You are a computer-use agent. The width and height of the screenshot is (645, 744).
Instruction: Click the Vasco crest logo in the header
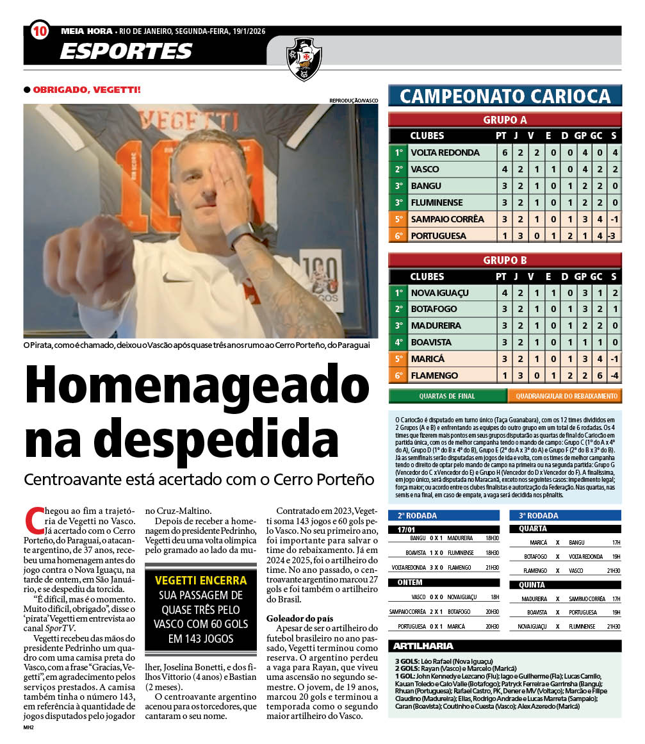304,58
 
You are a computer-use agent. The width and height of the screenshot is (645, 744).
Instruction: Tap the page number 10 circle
40,30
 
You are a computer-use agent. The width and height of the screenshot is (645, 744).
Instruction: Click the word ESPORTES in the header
126,51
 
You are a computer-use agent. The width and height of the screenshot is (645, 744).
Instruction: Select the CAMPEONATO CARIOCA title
505,96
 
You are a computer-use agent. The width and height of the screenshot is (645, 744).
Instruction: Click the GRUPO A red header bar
505,120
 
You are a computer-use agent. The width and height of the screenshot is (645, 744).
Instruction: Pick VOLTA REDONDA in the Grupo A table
445,153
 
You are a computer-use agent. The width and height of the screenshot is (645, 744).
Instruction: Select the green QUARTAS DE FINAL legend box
447,396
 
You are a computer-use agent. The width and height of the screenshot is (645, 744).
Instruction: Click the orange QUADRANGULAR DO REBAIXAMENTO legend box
564,396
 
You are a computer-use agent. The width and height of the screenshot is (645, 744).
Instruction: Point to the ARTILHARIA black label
423,646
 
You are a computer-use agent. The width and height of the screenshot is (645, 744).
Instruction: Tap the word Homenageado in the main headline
197,393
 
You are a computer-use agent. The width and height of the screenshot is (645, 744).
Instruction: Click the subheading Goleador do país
300,618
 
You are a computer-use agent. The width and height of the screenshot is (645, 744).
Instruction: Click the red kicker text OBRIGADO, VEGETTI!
86,90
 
